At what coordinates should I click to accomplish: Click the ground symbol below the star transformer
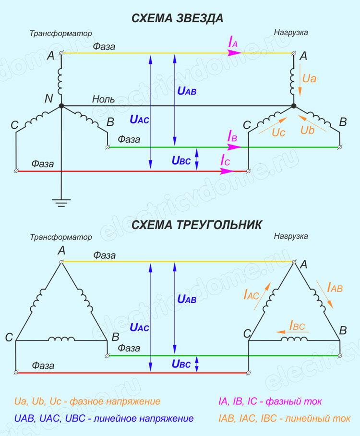click(x=61, y=203)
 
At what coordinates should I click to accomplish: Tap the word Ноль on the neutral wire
click(x=103, y=99)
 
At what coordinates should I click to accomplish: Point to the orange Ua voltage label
click(x=309, y=78)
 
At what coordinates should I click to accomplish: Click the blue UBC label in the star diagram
click(x=181, y=160)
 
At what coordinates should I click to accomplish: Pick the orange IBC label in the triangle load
click(x=297, y=326)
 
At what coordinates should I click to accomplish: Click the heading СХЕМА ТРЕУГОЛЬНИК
click(x=196, y=225)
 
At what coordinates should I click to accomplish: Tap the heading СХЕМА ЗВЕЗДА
click(x=177, y=18)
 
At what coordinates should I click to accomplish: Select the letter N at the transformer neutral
click(x=48, y=98)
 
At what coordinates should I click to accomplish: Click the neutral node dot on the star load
click(x=294, y=106)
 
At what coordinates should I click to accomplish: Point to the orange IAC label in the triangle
click(x=252, y=294)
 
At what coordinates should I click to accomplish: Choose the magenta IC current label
click(x=226, y=160)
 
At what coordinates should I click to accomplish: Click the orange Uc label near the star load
click(x=278, y=133)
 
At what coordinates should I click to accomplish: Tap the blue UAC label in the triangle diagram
click(x=139, y=327)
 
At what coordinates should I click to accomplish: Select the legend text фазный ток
click(x=294, y=401)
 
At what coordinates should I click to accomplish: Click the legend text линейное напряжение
click(x=144, y=419)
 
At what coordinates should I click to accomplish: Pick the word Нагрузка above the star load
click(x=291, y=33)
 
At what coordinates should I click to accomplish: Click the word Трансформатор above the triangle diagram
click(x=61, y=237)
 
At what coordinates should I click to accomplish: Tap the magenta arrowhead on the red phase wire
click(x=227, y=171)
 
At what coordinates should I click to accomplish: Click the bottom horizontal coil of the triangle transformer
click(x=61, y=339)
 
